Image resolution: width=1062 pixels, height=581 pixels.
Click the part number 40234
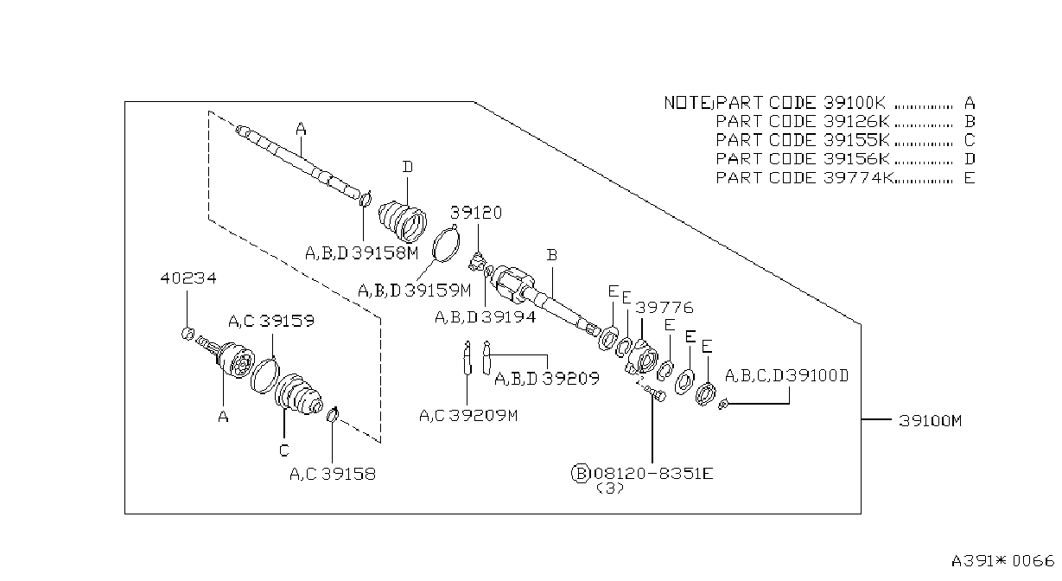(x=188, y=278)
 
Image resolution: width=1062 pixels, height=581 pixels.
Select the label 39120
(x=475, y=213)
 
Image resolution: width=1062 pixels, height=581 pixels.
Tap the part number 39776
(x=665, y=308)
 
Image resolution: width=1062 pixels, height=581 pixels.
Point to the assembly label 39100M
(x=930, y=421)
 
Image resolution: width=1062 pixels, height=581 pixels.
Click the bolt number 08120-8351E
(x=653, y=473)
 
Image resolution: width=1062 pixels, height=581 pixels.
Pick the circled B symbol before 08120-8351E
(x=581, y=473)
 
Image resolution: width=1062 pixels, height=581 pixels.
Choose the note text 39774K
(x=858, y=178)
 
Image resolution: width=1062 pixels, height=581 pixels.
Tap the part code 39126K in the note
(x=856, y=121)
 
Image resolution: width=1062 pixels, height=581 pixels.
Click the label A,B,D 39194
(x=486, y=317)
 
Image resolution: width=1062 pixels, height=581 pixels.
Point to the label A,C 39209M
(x=468, y=416)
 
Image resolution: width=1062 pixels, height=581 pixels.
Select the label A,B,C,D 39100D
(x=786, y=376)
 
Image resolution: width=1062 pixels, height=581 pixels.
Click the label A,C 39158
(x=333, y=474)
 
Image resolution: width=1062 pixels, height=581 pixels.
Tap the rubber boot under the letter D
(x=403, y=222)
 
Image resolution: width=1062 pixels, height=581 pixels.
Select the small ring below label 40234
(x=188, y=334)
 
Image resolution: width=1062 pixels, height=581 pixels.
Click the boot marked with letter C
(x=299, y=394)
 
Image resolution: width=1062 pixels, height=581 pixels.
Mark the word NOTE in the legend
(x=687, y=103)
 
